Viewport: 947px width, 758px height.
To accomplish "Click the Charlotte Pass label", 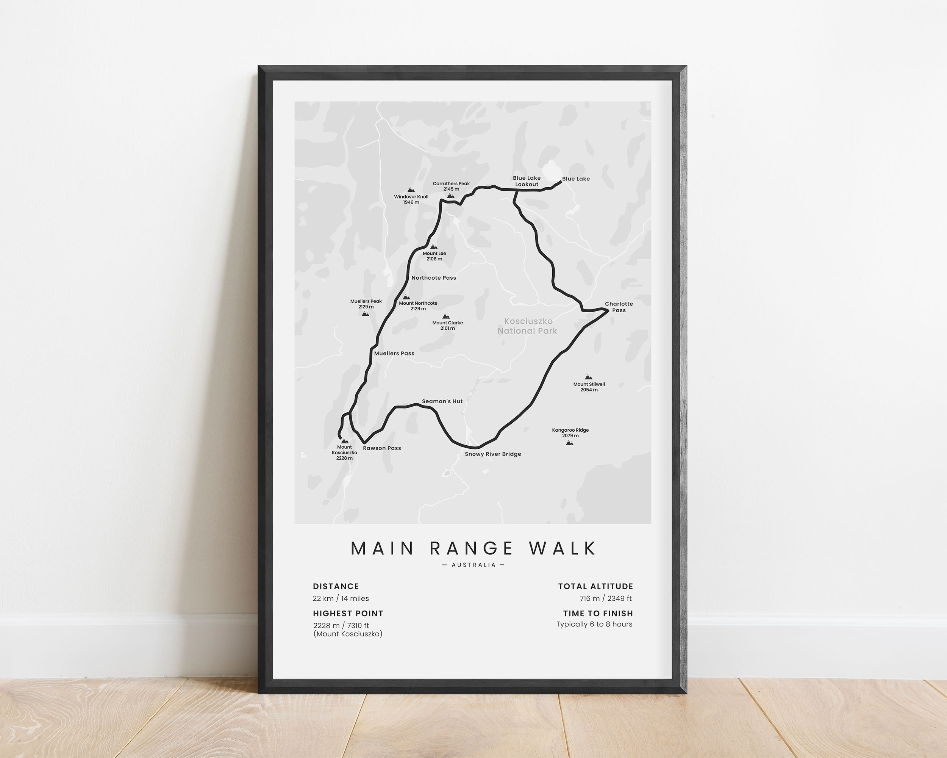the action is tap(619, 307).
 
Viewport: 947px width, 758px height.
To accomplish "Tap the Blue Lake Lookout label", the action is tap(527, 181).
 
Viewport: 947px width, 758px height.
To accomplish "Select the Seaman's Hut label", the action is tap(442, 401).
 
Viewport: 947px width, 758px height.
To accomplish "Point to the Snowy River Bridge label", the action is tap(493, 454).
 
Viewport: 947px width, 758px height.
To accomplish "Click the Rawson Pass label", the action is tap(382, 448).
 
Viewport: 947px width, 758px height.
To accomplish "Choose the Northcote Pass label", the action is tap(433, 278).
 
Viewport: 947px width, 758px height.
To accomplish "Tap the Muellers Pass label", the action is tap(394, 353).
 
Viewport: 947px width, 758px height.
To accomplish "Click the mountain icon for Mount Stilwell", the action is tap(589, 377).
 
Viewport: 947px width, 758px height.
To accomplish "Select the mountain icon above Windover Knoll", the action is tap(411, 190).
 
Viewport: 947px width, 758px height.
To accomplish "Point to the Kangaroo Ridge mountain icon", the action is tap(570, 443).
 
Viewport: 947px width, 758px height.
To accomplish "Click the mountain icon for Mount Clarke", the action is tap(446, 316).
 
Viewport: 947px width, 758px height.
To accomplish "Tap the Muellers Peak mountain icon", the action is tap(365, 314).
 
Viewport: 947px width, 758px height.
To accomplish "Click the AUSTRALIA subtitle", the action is tap(474, 565).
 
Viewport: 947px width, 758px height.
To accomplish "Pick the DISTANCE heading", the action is tap(336, 586).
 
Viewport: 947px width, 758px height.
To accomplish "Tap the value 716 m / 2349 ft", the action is tap(605, 598).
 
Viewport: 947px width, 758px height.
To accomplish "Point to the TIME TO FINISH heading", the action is tap(598, 614).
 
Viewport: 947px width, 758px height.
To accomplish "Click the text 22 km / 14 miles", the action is tap(341, 598).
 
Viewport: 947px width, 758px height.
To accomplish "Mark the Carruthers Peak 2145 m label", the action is tap(451, 186).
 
